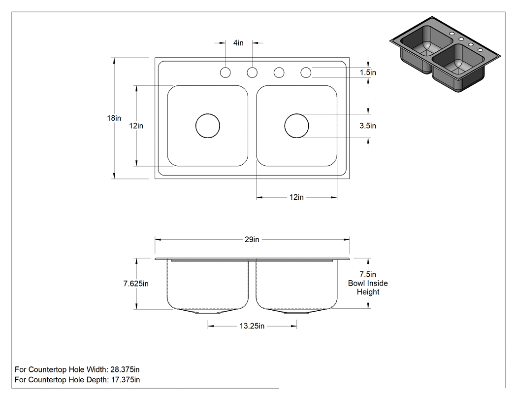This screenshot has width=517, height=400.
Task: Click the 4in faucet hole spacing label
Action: [x=238, y=43]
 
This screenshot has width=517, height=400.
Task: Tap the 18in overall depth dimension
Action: [x=114, y=118]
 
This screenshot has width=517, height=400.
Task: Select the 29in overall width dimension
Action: [x=252, y=240]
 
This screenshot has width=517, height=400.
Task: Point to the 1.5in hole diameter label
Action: [x=368, y=73]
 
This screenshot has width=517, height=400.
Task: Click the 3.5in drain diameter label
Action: [x=368, y=125]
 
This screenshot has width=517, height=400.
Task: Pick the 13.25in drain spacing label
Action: [x=252, y=326]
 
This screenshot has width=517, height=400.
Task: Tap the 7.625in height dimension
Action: [x=136, y=284]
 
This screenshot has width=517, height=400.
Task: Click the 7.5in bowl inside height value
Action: [x=368, y=274]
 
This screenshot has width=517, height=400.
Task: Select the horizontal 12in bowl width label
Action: [x=296, y=197]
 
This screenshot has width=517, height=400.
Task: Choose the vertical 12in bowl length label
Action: [x=136, y=125]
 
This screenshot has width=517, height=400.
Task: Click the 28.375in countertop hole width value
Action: [x=125, y=369]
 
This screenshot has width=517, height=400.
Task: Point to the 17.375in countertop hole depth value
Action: [x=125, y=379]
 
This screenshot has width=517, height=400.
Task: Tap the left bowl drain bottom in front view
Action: [x=208, y=311]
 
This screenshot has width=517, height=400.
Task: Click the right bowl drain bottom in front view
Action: [x=297, y=311]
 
